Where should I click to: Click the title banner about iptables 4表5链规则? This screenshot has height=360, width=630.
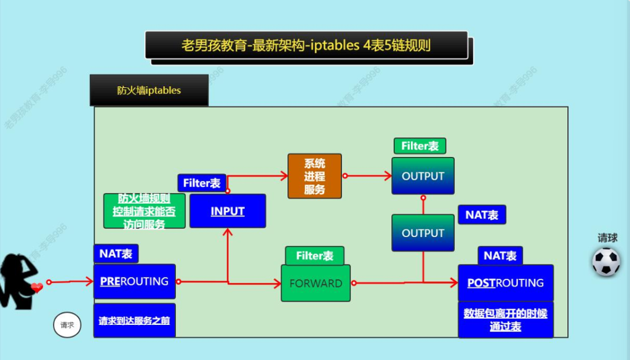point(306,45)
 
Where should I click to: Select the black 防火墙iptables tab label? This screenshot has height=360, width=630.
point(149,90)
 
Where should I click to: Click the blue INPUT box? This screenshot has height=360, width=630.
point(228,211)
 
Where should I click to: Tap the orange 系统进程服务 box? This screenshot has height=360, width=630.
point(314,176)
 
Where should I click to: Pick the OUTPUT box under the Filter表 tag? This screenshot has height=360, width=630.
point(423,176)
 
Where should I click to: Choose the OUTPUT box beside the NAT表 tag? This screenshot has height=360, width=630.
point(423,233)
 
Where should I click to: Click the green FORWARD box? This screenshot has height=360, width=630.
point(316,283)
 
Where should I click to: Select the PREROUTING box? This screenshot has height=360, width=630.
point(134,282)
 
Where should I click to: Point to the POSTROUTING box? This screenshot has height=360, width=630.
point(505,283)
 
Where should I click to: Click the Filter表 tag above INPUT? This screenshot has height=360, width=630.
point(201,183)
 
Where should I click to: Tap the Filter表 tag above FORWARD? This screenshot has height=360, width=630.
point(314,255)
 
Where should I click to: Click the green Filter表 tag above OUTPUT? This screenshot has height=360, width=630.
point(420,146)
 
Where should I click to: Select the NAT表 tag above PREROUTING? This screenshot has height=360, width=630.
point(116,253)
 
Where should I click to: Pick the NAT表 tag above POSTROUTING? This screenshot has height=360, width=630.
point(500,255)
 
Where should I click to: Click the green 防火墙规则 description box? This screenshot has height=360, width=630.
point(144,211)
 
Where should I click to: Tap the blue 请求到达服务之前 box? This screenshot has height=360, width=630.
point(134,320)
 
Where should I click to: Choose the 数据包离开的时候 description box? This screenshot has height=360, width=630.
point(505,319)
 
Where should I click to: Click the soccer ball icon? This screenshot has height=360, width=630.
point(606,262)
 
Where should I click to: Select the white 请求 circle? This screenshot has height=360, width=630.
point(67,325)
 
